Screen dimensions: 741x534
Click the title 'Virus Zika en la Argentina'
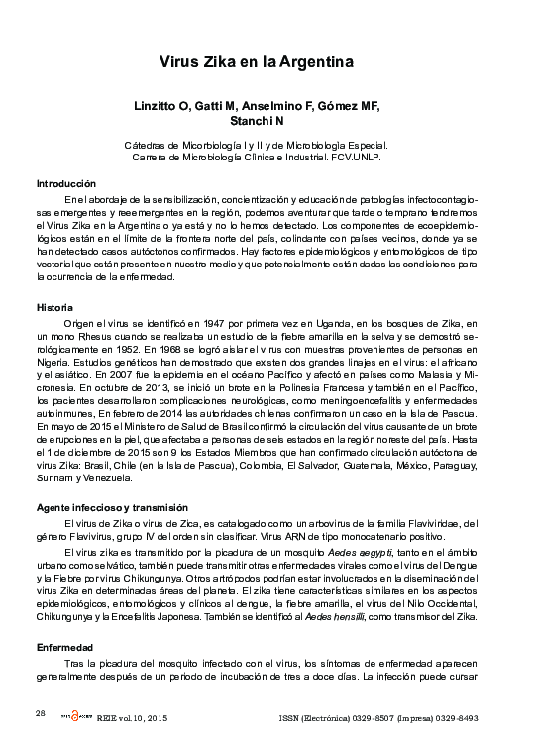(x=257, y=61)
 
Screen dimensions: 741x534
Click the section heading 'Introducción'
(x=65, y=183)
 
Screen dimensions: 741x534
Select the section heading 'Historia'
(x=55, y=308)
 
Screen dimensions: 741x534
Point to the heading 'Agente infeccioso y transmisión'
(x=112, y=506)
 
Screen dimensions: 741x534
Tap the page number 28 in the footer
(x=41, y=713)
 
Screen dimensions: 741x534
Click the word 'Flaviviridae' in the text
(x=440, y=523)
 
